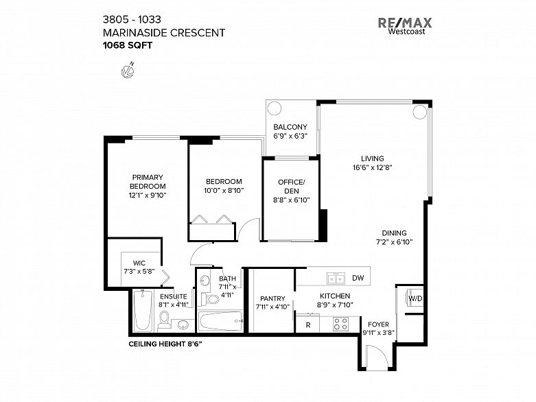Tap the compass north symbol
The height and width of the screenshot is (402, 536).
[x=126, y=70]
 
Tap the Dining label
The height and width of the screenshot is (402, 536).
[x=395, y=233]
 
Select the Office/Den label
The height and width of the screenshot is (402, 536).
[x=290, y=186]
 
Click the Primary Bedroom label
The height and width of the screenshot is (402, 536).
[x=148, y=181]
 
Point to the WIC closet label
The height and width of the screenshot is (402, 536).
[x=138, y=262]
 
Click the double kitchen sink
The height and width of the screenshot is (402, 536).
[x=336, y=279]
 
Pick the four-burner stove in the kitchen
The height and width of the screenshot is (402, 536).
[x=341, y=324]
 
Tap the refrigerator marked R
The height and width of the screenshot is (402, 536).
[x=307, y=324]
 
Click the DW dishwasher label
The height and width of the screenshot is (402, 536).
[x=358, y=279]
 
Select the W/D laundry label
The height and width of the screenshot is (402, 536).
[x=415, y=299]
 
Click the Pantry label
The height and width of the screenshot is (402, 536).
[x=272, y=303]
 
